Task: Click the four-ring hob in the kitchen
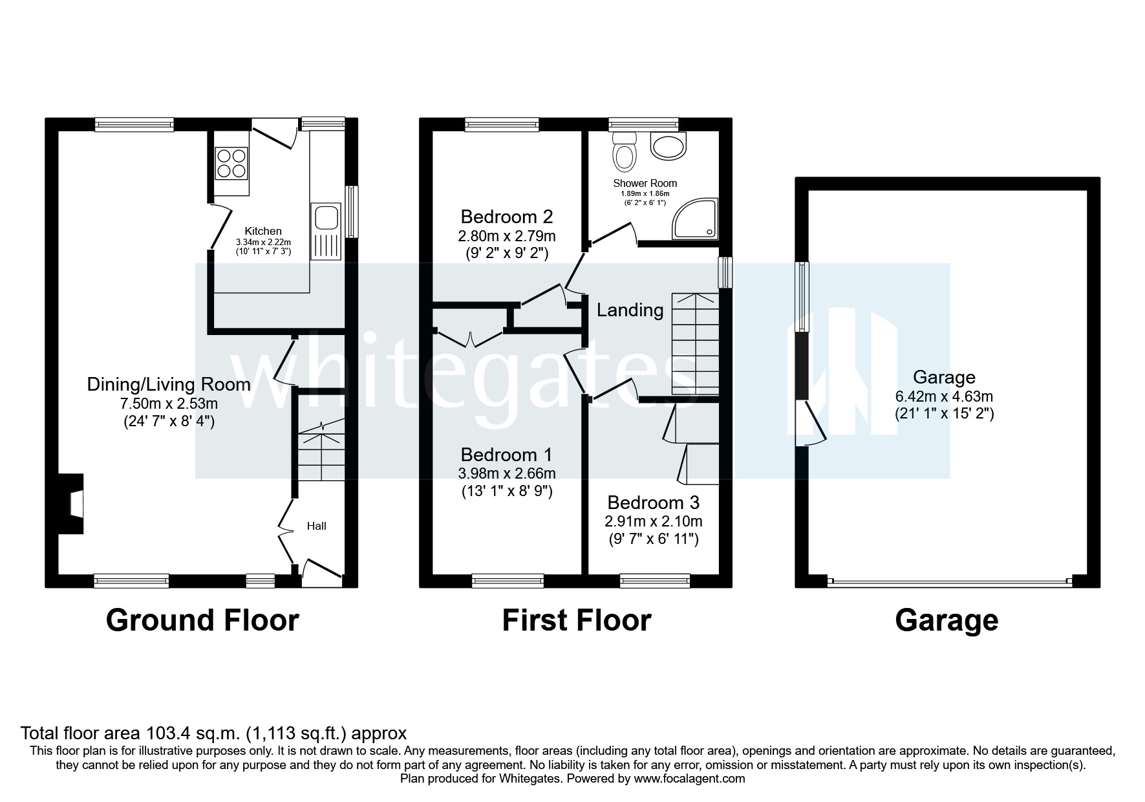coord(231,163)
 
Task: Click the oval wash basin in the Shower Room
coord(668,147)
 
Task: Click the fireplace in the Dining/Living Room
coord(72,504)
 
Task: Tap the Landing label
coord(630,310)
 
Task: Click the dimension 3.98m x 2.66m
coord(508,473)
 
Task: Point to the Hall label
coord(316,526)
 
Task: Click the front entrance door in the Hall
coord(321,570)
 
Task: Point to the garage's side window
coord(802,297)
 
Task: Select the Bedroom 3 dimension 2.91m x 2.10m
coord(653,521)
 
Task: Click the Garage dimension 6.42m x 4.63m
coord(944,396)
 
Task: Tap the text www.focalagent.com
coord(689,779)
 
